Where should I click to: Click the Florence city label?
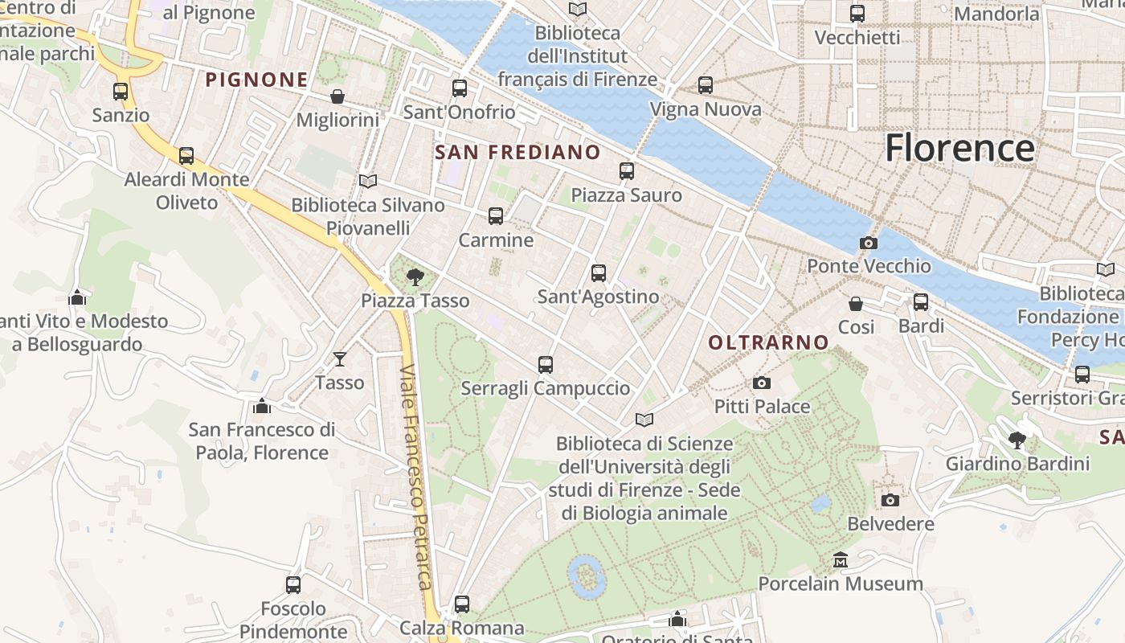(x=959, y=149)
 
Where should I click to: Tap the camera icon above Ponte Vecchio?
(x=868, y=243)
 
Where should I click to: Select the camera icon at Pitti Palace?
(x=762, y=383)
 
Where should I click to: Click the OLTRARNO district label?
(x=768, y=342)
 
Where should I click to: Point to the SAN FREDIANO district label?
(x=517, y=153)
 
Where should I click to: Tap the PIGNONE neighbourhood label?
(x=257, y=80)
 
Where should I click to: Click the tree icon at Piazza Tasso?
(x=415, y=278)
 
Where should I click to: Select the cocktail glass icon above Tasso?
(x=340, y=359)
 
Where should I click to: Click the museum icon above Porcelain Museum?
(x=841, y=559)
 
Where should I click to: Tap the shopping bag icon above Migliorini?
(x=337, y=96)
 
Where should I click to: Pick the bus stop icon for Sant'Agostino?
(x=598, y=273)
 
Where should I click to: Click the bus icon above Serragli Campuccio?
(x=546, y=365)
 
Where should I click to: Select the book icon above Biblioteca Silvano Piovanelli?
(x=368, y=182)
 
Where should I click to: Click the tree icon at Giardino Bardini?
(x=1017, y=440)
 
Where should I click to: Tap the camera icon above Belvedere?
(x=890, y=501)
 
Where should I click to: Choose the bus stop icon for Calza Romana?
(x=461, y=604)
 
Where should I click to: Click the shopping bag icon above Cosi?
(x=856, y=304)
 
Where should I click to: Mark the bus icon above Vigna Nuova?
(x=706, y=85)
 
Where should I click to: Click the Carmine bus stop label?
(x=496, y=240)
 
